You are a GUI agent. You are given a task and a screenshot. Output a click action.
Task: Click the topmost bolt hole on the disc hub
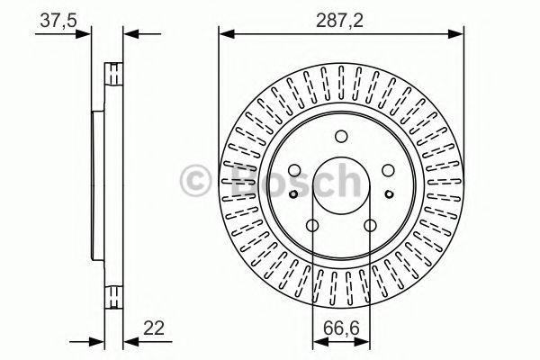(x=340, y=137)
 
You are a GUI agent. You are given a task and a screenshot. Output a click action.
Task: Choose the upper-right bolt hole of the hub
(x=387, y=171)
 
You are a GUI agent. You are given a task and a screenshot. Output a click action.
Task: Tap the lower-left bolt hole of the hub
(x=311, y=226)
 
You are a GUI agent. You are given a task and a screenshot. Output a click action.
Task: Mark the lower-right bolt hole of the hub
(x=370, y=226)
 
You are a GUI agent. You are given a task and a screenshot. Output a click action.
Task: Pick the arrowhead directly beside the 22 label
(x=128, y=340)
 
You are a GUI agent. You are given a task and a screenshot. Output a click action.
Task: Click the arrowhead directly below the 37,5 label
(x=86, y=35)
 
